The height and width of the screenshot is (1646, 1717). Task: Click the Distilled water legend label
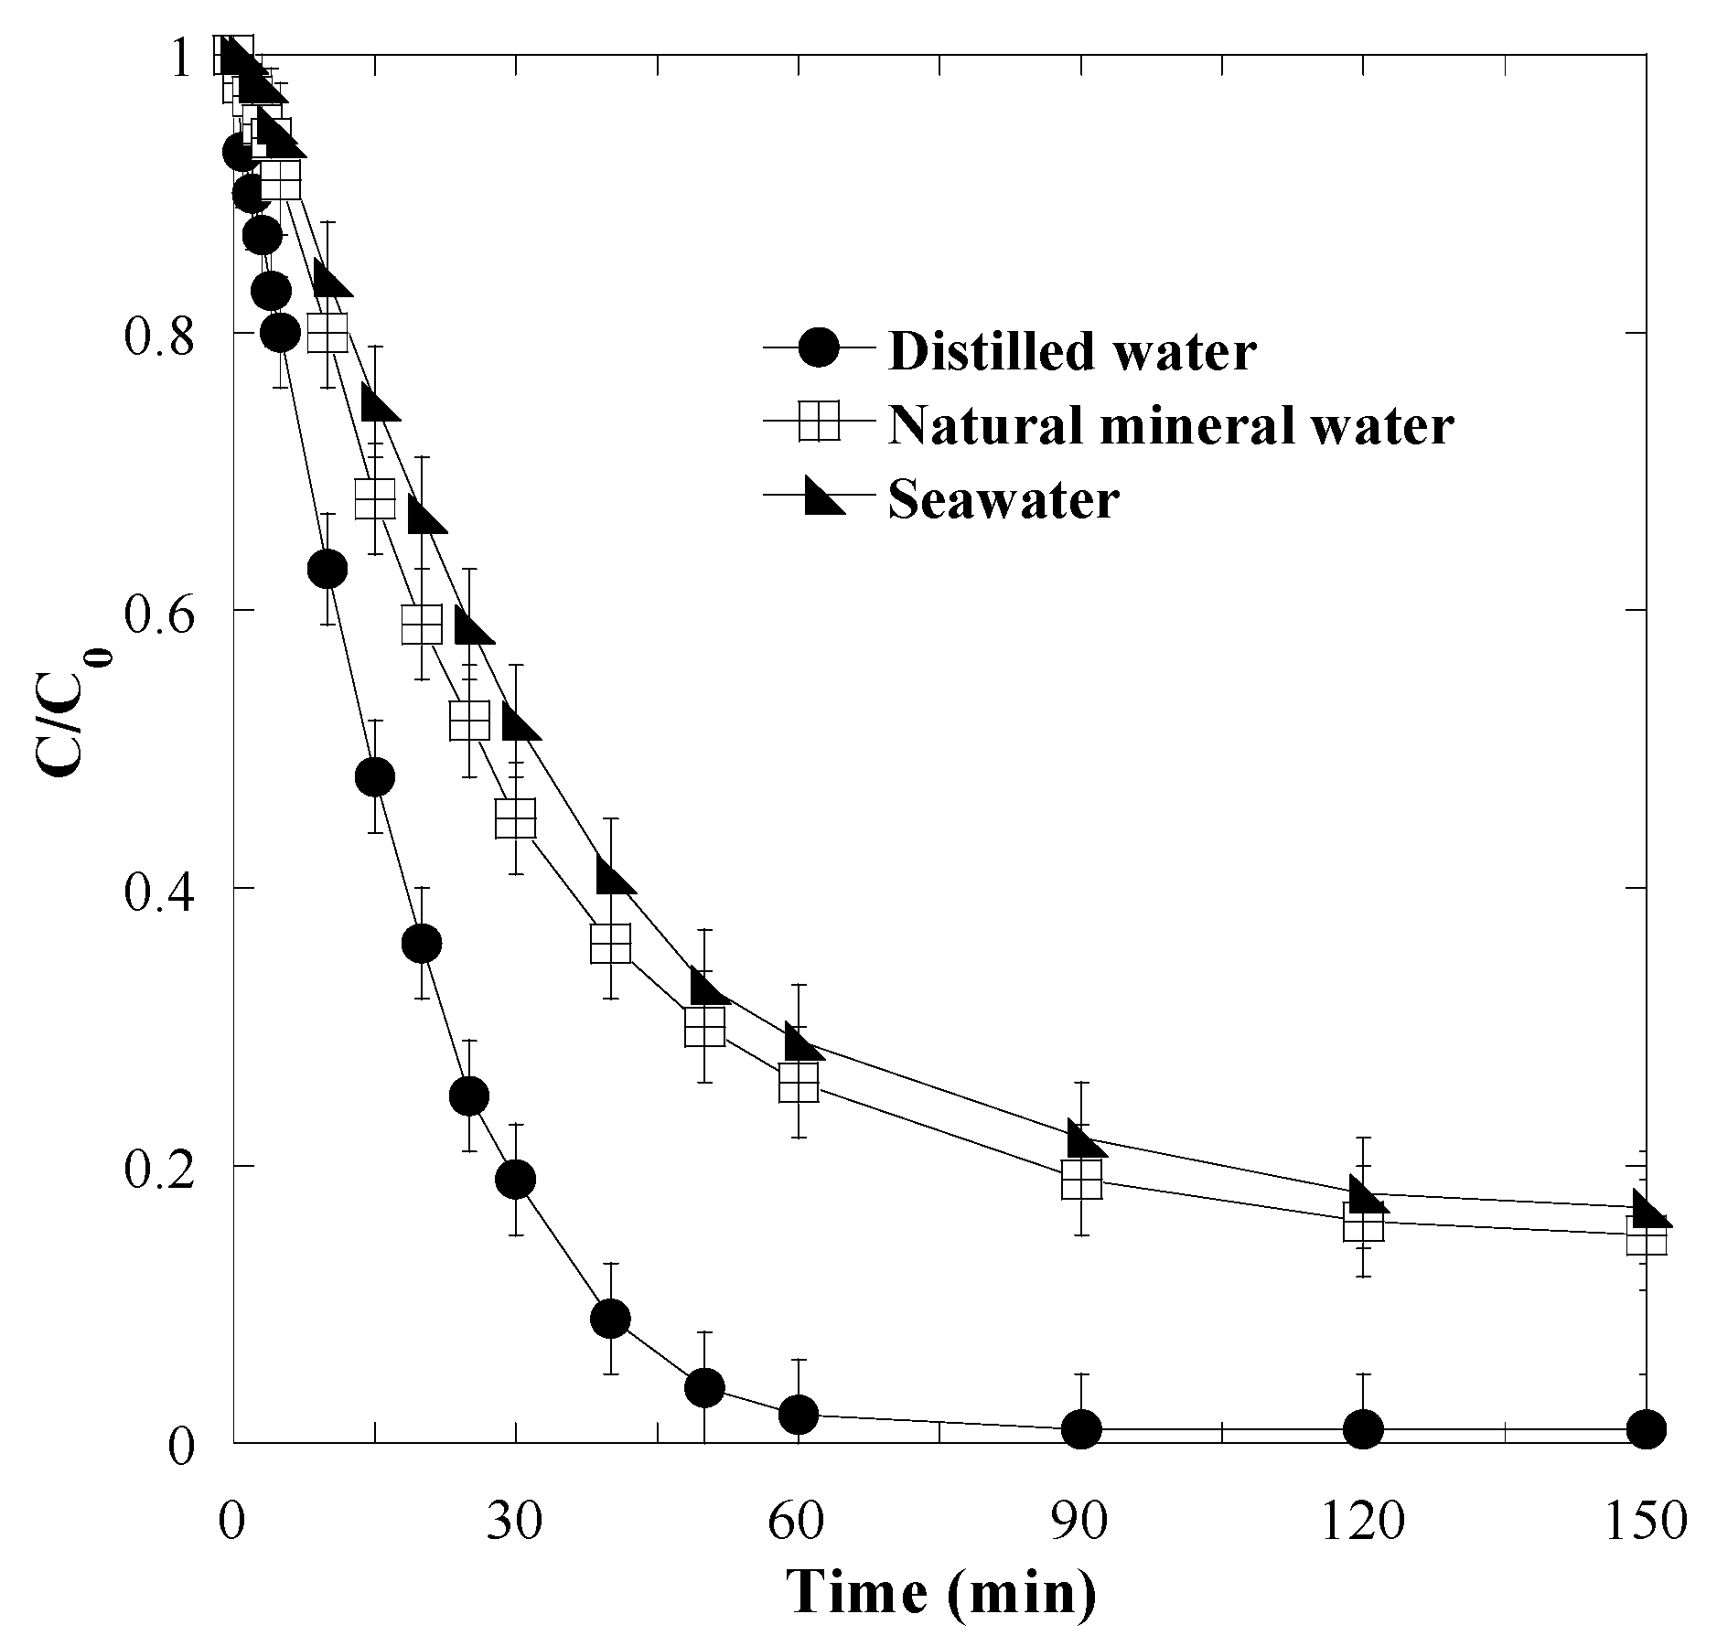[1071, 350]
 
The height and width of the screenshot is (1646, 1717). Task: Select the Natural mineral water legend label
[1170, 425]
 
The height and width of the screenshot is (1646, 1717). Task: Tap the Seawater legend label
[1003, 500]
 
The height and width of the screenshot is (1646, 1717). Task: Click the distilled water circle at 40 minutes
[610, 1319]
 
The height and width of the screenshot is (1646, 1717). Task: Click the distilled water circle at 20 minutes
[422, 943]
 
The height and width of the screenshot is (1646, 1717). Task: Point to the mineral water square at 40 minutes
[610, 943]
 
